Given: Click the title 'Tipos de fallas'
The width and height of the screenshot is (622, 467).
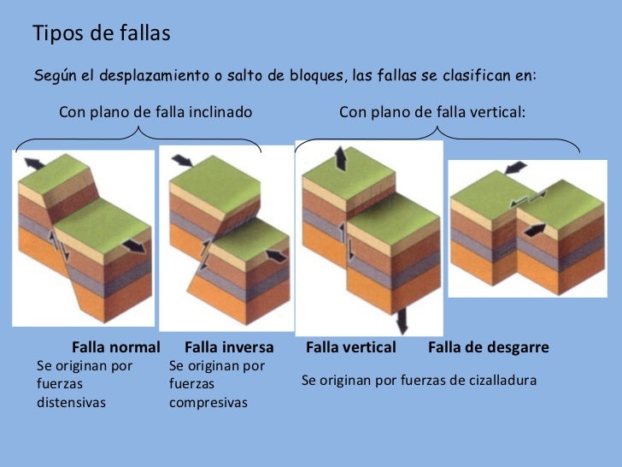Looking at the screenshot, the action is tap(101, 33).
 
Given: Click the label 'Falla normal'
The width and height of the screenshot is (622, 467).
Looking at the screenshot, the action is tap(116, 348).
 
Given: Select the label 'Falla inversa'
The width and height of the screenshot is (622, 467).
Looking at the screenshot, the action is tap(229, 348).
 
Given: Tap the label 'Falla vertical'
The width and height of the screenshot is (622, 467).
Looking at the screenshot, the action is tap(350, 348).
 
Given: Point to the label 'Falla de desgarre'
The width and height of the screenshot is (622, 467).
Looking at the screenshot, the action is tap(488, 348).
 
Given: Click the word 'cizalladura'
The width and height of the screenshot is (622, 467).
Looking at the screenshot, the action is tap(499, 380).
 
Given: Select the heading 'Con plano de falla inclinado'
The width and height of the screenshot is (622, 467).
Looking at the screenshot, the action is tap(155, 112).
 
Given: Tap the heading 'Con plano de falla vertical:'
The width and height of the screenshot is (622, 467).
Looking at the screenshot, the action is tap(432, 112).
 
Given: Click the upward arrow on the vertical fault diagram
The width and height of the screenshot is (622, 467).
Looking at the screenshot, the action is tap(340, 157).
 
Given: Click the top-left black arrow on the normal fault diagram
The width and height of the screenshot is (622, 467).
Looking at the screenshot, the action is tap(35, 163).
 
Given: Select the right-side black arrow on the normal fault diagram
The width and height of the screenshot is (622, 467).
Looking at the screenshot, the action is tap(133, 246).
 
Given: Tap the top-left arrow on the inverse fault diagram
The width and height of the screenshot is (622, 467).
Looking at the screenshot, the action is tap(183, 160).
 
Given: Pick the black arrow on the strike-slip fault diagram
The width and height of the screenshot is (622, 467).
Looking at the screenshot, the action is tap(534, 229).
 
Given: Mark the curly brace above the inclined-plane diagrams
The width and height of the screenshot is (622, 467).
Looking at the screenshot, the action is tap(139, 133).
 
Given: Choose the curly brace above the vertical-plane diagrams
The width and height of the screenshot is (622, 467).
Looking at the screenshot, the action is tap(437, 133).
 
